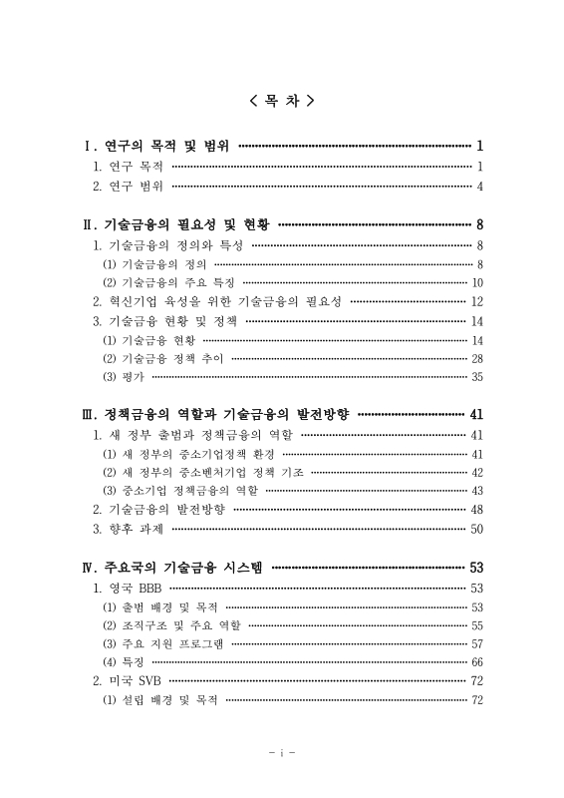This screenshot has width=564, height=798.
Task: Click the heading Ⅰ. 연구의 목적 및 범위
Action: (x=157, y=146)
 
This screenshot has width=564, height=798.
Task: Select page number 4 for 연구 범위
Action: (x=479, y=187)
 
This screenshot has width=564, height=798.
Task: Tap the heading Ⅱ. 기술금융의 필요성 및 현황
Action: (x=176, y=224)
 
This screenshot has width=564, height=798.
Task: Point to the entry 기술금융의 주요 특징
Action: (x=158, y=282)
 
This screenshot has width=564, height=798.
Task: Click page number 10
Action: (x=476, y=282)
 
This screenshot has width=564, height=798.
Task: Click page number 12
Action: (x=476, y=301)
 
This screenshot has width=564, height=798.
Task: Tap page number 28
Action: (x=476, y=358)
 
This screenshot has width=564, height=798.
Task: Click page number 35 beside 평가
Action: (x=476, y=377)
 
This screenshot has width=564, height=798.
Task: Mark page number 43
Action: (x=476, y=491)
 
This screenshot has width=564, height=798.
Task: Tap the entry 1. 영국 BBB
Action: (x=127, y=588)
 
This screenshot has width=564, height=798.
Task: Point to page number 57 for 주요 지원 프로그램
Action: (x=476, y=643)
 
